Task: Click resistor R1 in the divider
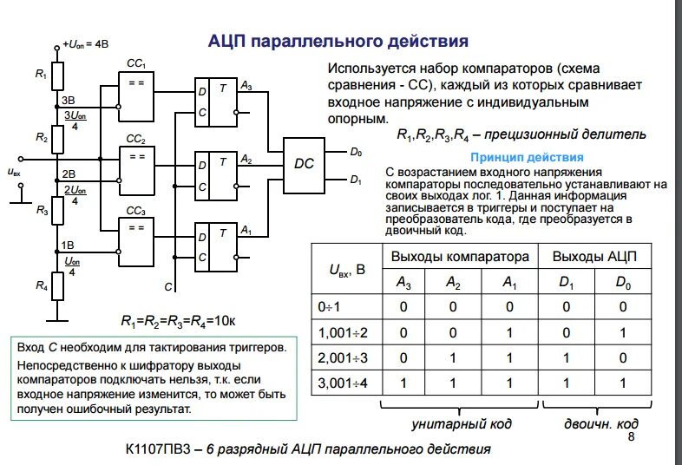pos(58,75)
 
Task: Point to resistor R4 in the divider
pos(58,285)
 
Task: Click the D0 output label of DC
pos(356,153)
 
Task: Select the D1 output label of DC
pos(356,180)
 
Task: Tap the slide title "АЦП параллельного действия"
pos(339,41)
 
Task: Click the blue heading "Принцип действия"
pos(527,158)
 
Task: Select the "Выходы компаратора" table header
pos(460,257)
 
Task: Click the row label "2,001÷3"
pos(344,357)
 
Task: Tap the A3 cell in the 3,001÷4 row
pos(403,383)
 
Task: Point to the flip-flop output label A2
pos(246,160)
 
